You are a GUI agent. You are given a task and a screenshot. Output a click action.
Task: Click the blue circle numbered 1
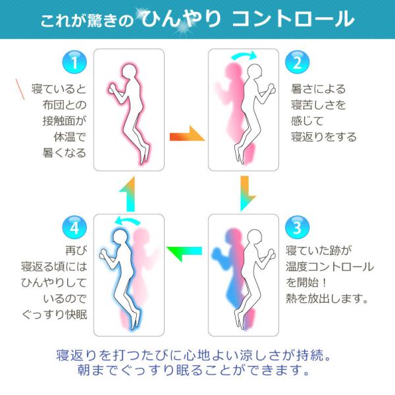(x=74, y=63)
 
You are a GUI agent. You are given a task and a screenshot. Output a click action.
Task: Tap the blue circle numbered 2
(x=298, y=63)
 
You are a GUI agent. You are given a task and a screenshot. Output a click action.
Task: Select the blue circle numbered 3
(x=298, y=228)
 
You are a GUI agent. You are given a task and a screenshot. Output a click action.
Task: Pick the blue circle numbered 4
(x=74, y=228)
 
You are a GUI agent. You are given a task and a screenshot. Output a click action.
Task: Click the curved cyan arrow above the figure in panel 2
(x=244, y=55)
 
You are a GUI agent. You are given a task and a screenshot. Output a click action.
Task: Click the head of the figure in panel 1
(x=130, y=72)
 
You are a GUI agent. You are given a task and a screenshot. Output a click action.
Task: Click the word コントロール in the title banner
(x=294, y=19)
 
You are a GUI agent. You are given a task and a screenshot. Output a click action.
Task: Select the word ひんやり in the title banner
(x=181, y=18)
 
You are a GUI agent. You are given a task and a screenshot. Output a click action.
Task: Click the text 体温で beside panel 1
(x=70, y=137)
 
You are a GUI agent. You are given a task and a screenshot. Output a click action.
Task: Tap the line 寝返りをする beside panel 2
(x=324, y=137)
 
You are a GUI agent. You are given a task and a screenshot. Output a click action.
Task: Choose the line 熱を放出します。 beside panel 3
(x=327, y=299)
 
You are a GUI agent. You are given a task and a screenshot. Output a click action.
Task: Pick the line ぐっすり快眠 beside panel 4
(x=55, y=315)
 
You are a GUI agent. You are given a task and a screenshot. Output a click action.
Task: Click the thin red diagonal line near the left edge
(x=20, y=90)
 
